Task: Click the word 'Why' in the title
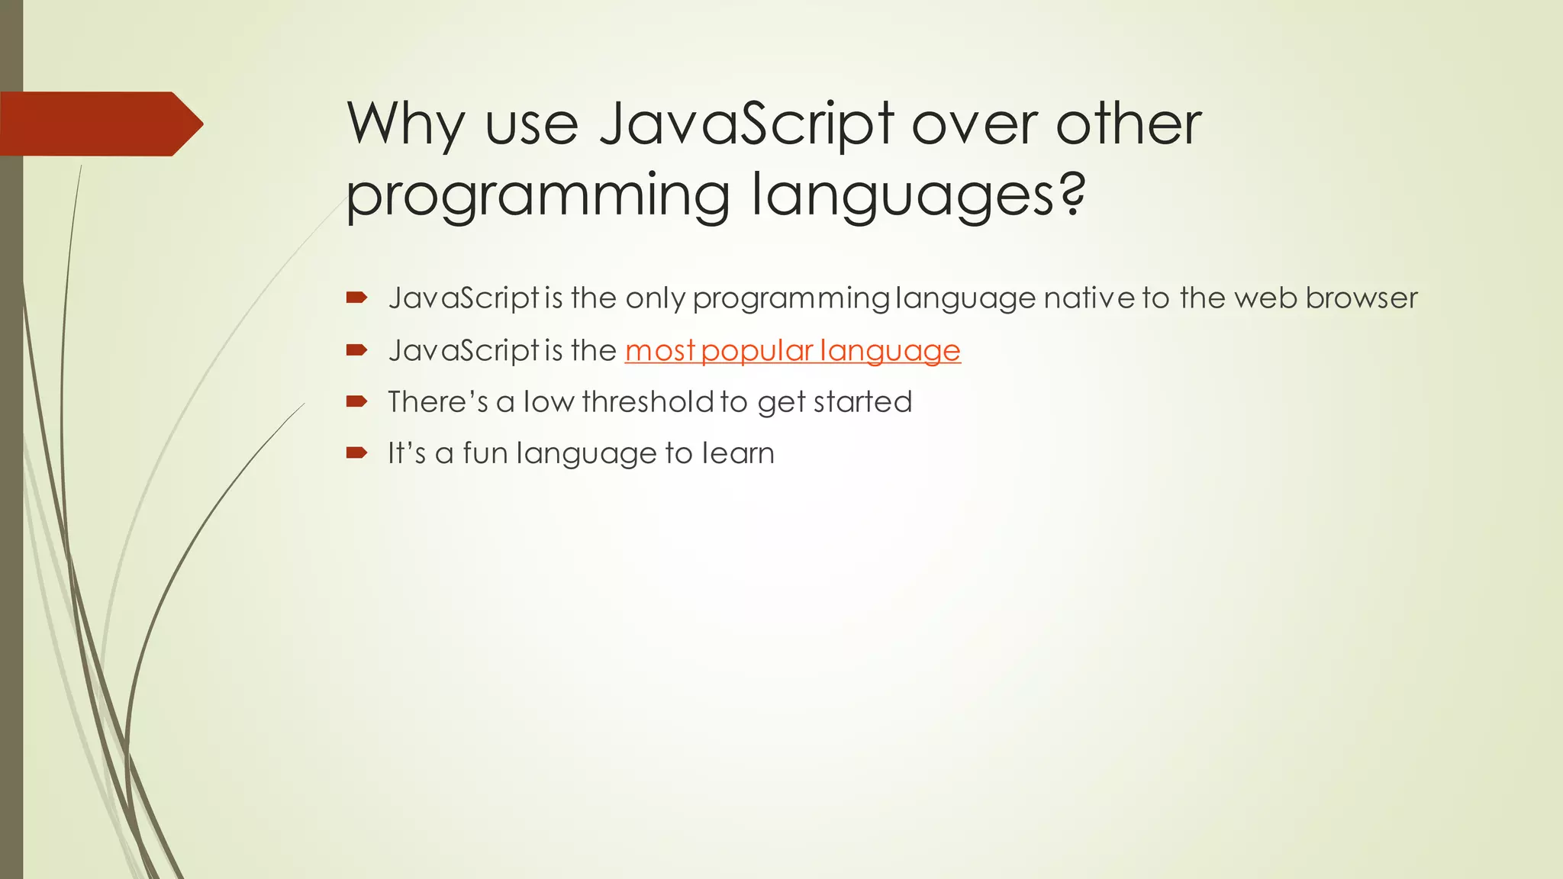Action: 405,124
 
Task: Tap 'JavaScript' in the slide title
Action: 746,124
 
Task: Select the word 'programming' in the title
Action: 539,195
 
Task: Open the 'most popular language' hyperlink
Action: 792,351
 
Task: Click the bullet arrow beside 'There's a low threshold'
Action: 356,401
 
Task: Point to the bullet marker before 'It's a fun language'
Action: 356,453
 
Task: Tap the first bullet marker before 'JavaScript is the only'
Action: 356,298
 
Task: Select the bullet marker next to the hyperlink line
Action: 356,350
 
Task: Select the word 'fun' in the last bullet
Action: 485,453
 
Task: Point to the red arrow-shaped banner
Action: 99,124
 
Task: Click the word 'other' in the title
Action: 1128,124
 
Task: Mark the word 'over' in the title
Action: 975,125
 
